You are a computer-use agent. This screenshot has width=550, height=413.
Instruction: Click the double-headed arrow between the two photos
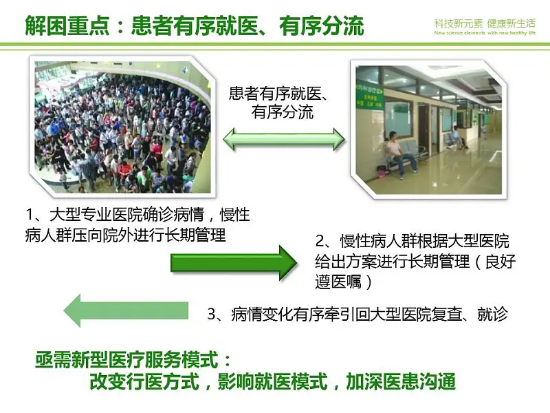(x=284, y=140)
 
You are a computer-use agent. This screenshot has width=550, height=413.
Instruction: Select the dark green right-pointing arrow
(x=234, y=263)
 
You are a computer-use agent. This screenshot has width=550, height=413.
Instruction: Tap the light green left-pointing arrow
(x=126, y=311)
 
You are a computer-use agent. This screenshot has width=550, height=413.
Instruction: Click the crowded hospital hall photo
(x=122, y=127)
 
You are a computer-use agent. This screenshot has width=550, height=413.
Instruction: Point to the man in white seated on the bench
(x=400, y=151)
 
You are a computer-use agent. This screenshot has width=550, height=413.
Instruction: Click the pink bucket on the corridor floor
(x=381, y=171)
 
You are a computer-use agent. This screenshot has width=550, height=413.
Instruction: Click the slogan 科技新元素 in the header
(x=459, y=23)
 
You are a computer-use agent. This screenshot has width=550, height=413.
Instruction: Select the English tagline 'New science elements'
(x=459, y=32)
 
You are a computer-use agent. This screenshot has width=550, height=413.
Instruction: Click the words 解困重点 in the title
(x=67, y=25)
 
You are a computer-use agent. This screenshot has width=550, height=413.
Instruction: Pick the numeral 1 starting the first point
(x=30, y=214)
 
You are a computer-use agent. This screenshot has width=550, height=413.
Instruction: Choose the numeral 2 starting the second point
(x=320, y=241)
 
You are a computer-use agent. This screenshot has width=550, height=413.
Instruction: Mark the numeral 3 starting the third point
(x=212, y=314)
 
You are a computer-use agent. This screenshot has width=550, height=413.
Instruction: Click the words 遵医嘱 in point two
(x=338, y=282)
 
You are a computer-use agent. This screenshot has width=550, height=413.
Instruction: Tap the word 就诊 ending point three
(x=492, y=314)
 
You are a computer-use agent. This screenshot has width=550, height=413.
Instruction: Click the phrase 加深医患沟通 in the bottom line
(x=401, y=381)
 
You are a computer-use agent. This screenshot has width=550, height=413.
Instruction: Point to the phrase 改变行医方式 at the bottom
(x=144, y=381)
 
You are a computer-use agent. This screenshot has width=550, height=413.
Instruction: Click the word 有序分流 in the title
(x=322, y=25)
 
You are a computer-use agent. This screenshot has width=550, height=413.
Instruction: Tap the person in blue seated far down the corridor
(x=457, y=137)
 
